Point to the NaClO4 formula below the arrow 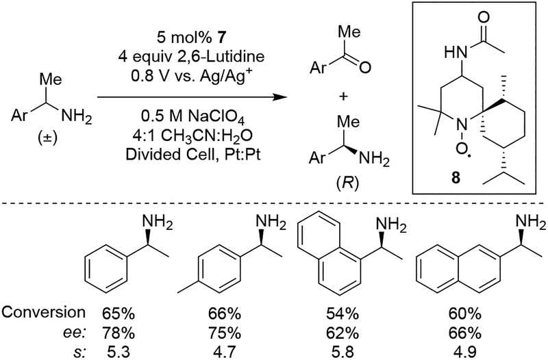point(210,112)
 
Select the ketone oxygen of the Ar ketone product point(365,68)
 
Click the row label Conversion point(42,313)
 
